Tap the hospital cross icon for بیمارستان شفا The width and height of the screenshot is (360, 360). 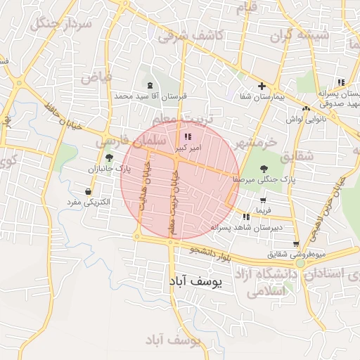point(262,86)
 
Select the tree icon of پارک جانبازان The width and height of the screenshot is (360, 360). point(109,157)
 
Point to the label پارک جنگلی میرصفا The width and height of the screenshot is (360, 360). point(264,180)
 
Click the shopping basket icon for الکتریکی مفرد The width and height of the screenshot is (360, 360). point(88,191)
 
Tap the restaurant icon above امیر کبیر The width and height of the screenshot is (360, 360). point(187,136)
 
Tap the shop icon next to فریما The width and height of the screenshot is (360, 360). point(263,200)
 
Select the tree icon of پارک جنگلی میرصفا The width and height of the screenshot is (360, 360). point(264,168)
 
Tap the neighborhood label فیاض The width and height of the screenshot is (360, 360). point(96,77)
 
